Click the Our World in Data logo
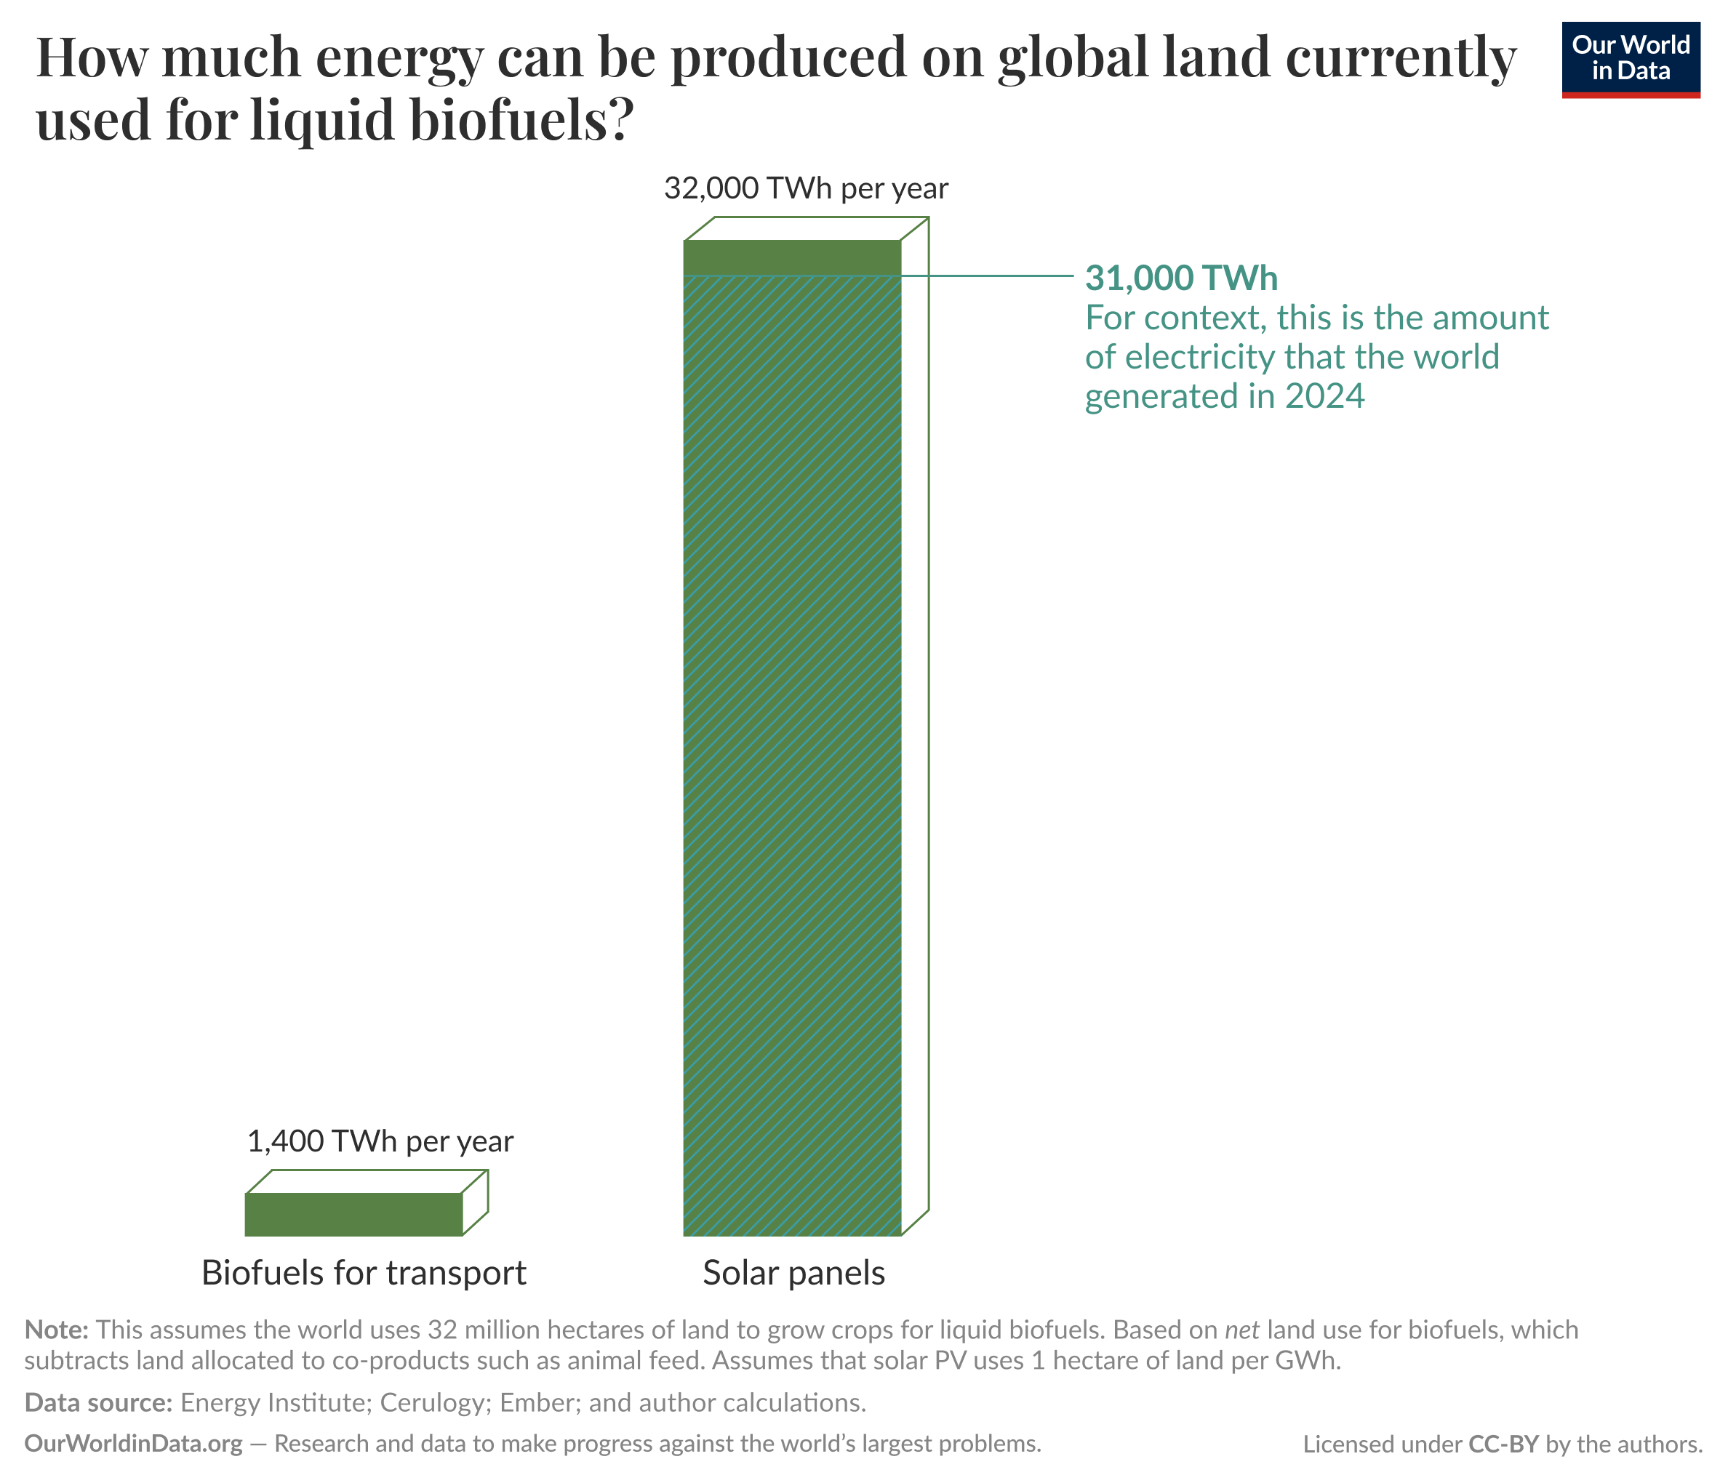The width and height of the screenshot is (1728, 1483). tap(1630, 59)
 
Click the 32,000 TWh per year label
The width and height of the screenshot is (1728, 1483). tap(806, 188)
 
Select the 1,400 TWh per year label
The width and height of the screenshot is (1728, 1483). tap(380, 1141)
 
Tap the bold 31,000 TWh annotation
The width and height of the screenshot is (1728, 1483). tap(1180, 278)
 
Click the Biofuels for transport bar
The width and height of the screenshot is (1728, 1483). tap(353, 1214)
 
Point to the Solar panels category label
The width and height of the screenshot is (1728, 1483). tap(793, 1273)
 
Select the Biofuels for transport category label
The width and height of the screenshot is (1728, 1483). tap(364, 1273)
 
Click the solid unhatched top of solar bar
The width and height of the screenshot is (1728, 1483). tap(791, 257)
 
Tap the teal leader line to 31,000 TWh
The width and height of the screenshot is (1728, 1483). tap(993, 275)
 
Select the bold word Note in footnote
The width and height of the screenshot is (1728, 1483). tap(56, 1329)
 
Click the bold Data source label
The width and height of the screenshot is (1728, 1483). tap(98, 1402)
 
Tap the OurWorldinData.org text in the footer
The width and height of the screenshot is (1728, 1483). tap(133, 1443)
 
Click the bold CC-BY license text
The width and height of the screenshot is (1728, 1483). tap(1503, 1444)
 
